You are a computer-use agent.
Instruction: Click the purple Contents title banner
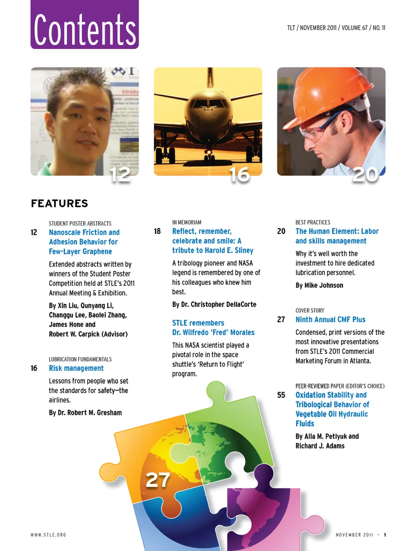point(84,25)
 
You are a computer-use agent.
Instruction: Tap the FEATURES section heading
point(59,203)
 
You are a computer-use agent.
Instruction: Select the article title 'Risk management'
point(76,368)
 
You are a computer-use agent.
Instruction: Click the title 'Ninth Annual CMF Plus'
point(330,320)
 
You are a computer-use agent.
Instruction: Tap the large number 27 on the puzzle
point(158,480)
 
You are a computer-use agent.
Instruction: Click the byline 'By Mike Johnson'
point(319,285)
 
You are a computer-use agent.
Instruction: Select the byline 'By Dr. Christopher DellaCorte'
point(214,304)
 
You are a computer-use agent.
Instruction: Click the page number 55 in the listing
point(281,395)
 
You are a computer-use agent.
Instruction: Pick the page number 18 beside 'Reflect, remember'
point(157,231)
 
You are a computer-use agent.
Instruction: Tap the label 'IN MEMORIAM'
point(187,222)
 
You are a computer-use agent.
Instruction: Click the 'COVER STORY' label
point(310,310)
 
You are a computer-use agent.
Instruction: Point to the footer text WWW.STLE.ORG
point(49,535)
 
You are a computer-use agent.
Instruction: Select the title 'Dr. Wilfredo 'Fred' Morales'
point(213,333)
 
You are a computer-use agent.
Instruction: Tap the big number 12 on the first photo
point(120,175)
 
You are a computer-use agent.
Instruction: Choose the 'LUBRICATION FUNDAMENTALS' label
point(80,359)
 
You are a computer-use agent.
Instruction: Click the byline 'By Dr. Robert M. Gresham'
point(85,413)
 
